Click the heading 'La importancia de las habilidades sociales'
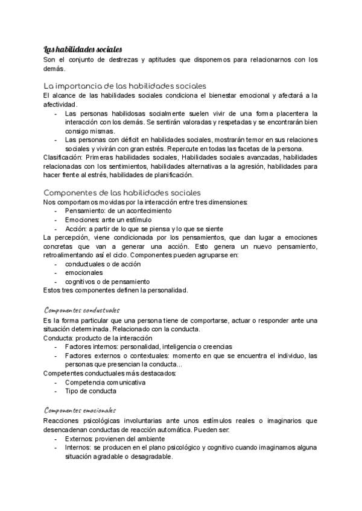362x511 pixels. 125,86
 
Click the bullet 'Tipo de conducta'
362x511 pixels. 90,391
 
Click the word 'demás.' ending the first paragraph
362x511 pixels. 55,68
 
